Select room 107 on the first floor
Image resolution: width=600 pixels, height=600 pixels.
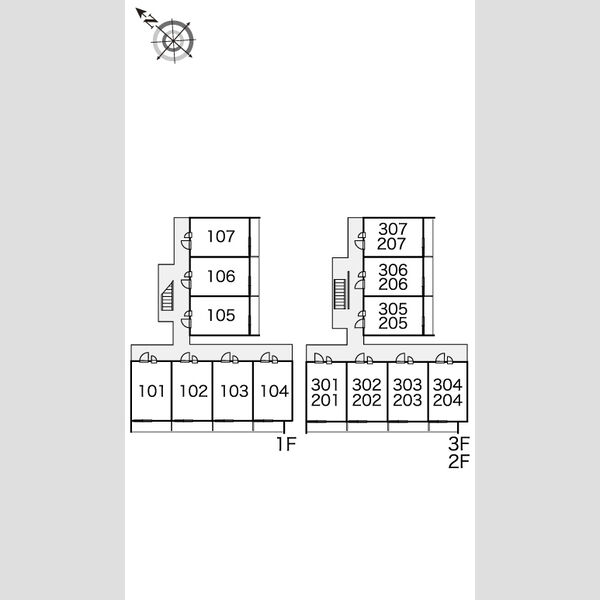tap(220, 237)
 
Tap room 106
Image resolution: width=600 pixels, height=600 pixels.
tap(220, 277)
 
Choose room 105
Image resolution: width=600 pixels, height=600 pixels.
tap(220, 316)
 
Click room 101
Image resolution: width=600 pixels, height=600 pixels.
tap(151, 391)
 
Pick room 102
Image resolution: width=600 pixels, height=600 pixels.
tap(192, 391)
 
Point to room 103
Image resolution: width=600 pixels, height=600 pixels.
tap(233, 391)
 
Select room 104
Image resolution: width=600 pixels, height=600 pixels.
tap(273, 391)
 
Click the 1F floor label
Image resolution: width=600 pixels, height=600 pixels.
tap(286, 444)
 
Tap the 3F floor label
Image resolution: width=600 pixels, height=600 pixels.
tap(459, 444)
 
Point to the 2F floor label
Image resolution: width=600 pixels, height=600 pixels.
tap(459, 461)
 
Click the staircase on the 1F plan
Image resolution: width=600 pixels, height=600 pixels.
tap(168, 295)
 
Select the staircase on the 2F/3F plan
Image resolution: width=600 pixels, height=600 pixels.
tap(340, 293)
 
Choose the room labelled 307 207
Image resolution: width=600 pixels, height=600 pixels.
tap(393, 237)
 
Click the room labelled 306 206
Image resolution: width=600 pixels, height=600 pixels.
tap(393, 277)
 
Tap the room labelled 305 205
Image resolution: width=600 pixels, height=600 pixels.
tap(393, 316)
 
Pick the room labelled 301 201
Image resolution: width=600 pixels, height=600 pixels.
tap(326, 392)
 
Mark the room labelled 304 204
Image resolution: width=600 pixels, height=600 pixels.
tap(448, 392)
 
